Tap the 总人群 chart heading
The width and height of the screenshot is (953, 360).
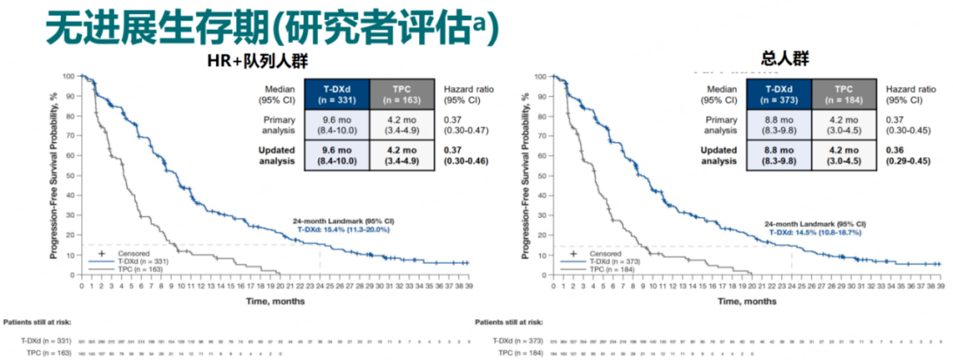(x=784, y=59)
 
